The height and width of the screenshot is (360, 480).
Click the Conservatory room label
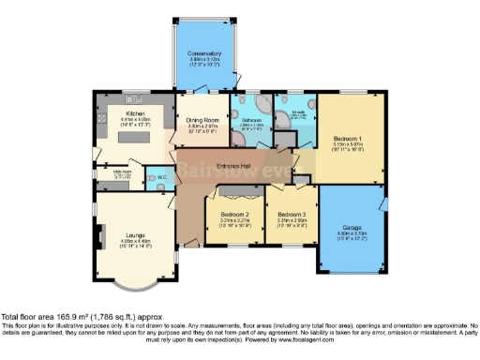click(x=203, y=54)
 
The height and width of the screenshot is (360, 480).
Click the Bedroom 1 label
click(x=348, y=139)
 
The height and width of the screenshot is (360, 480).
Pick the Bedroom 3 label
click(x=292, y=215)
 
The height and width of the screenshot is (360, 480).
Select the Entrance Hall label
click(x=232, y=167)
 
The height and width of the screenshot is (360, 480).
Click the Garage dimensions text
click(x=351, y=236)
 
